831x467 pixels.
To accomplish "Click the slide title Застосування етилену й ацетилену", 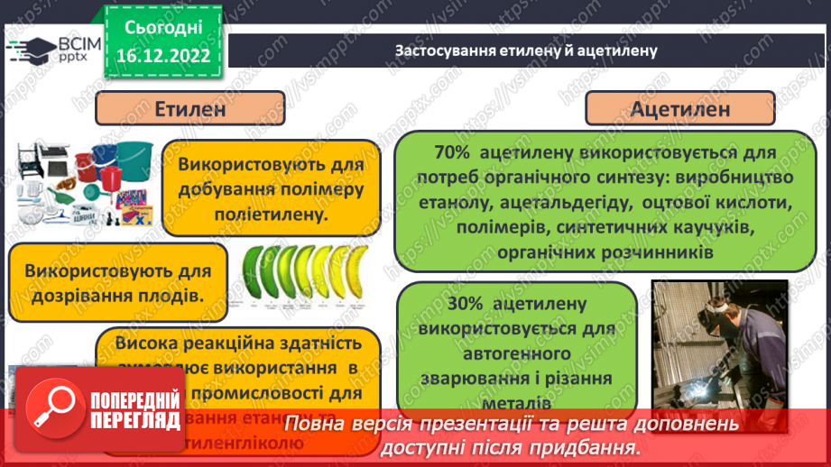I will pos(526,50).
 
